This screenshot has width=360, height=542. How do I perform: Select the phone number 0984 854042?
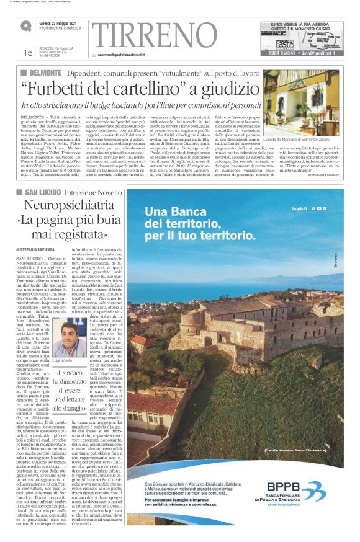[x=282, y=53]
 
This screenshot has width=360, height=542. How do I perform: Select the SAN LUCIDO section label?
[x=45, y=193]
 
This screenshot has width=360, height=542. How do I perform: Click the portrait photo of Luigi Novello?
[x=70, y=339]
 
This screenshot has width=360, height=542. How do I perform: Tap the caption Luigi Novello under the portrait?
[x=63, y=360]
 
